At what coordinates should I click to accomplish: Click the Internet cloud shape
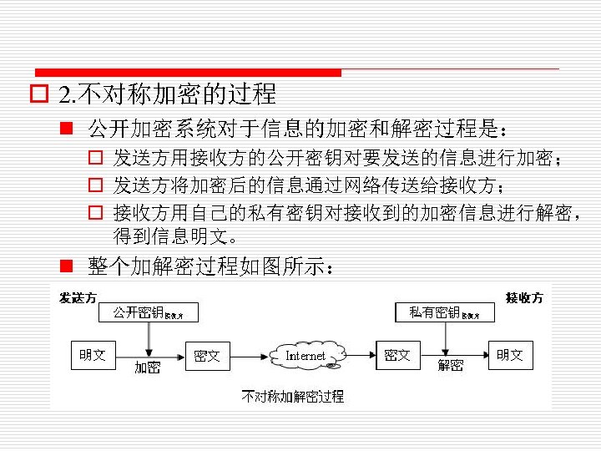coord(305,356)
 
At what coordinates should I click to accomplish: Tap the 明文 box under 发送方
coord(93,355)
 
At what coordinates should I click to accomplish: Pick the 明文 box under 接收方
coord(509,355)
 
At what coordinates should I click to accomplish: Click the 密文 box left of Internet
coord(206,356)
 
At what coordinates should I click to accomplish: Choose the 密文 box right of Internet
coord(397,355)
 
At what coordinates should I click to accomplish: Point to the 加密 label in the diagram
coord(148,367)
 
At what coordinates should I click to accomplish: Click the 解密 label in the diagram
coord(451,366)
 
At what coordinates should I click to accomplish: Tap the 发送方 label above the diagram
coord(77,297)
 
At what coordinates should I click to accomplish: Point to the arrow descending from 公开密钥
coord(147,338)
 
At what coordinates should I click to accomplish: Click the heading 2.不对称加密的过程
coord(167,94)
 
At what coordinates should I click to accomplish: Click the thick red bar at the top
coord(188,73)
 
